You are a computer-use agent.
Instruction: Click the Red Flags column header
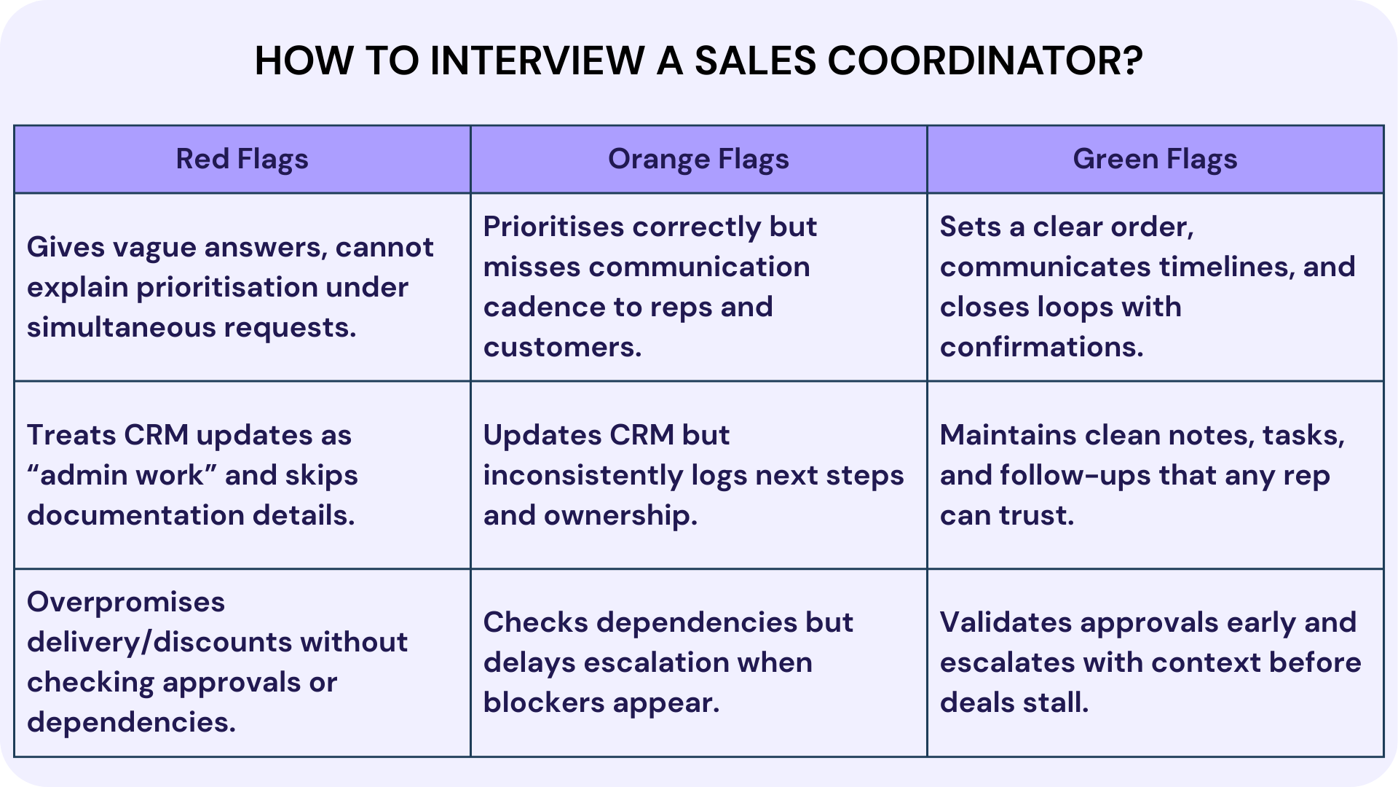[x=242, y=159]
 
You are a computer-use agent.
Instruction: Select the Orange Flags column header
[x=698, y=159]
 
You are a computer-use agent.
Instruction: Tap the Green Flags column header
[x=1155, y=159]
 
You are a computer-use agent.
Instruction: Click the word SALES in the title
[x=755, y=60]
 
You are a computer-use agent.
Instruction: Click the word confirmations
[x=1041, y=347]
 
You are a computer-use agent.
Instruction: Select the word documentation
[x=135, y=515]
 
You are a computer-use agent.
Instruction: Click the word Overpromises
[x=126, y=602]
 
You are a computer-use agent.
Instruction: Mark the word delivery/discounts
[x=159, y=642]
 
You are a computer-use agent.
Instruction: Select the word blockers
[x=543, y=702]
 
